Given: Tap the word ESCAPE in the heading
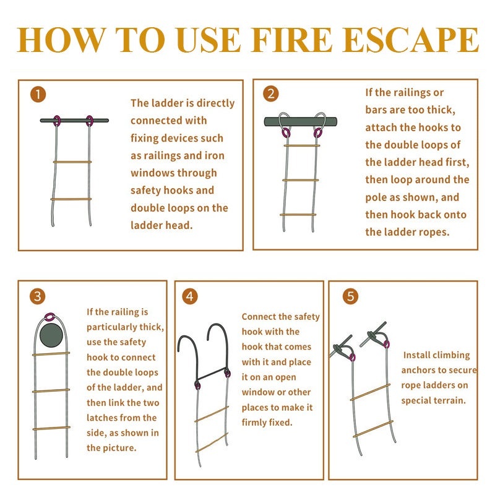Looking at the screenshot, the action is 410,40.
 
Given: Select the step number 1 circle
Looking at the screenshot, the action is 38,95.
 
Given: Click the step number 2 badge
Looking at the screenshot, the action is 270,93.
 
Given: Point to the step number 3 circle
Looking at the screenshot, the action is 38,296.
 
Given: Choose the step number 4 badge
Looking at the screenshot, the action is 190,296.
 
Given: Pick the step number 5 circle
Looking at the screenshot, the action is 351,296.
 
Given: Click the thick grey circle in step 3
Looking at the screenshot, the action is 51,335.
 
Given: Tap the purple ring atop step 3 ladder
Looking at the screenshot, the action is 49,317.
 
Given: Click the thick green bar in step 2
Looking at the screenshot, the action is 301,121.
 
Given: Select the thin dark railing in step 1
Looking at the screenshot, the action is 74,120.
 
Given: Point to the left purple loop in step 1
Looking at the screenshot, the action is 57,121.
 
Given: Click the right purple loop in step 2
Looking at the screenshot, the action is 317,133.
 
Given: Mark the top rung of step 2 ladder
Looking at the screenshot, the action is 302,145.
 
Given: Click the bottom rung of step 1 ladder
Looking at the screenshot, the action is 71,199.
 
